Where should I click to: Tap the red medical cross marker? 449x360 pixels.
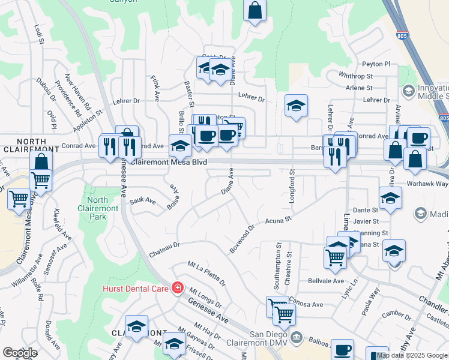pyautogui.click(x=177, y=289)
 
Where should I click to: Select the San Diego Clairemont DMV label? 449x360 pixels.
pyautogui.click(x=256, y=339)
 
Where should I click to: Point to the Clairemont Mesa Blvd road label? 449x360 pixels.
pyautogui.click(x=169, y=162)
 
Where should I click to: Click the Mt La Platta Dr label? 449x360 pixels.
pyautogui.click(x=206, y=272)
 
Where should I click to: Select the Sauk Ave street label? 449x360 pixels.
pyautogui.click(x=142, y=200)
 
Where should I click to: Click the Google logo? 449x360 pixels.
pyautogui.click(x=20, y=353)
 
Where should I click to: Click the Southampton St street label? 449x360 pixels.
pyautogui.click(x=279, y=263)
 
